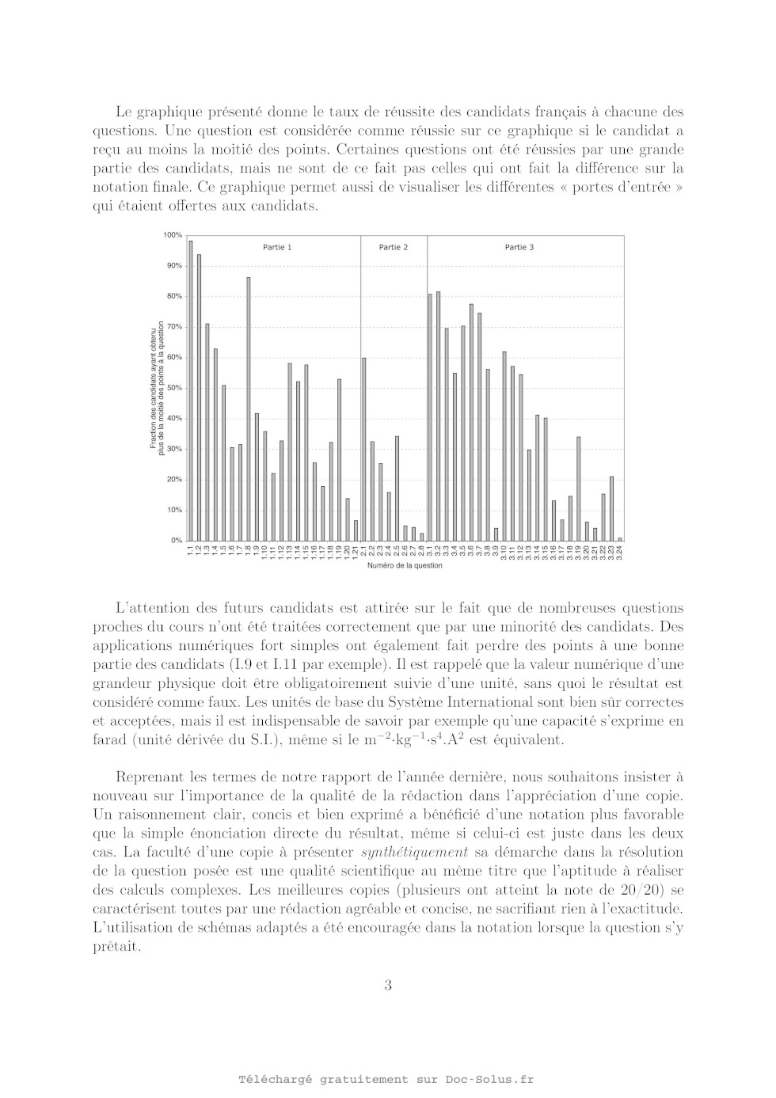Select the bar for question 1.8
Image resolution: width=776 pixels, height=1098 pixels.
pyautogui.click(x=249, y=408)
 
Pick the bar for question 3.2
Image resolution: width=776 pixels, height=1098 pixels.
pyautogui.click(x=438, y=416)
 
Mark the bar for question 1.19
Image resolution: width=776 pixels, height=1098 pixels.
pyautogui.click(x=340, y=459)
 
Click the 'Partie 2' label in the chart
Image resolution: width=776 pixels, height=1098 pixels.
pyautogui.click(x=394, y=248)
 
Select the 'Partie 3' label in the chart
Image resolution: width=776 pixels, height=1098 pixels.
pyautogui.click(x=519, y=248)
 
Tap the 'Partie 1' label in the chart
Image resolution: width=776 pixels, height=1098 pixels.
pyautogui.click(x=277, y=248)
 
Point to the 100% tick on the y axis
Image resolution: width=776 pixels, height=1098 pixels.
pyautogui.click(x=173, y=235)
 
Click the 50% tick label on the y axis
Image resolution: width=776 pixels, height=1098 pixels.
pyautogui.click(x=174, y=388)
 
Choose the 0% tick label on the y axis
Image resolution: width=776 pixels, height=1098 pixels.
pyautogui.click(x=176, y=541)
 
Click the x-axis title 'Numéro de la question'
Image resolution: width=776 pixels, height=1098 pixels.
pyautogui.click(x=405, y=566)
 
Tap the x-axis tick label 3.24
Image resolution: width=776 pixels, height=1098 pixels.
pyautogui.click(x=620, y=551)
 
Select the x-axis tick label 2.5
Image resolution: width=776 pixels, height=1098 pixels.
pyautogui.click(x=397, y=550)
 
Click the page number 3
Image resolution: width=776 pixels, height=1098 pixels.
pyautogui.click(x=388, y=986)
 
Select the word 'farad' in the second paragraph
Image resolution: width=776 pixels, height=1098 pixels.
pyautogui.click(x=108, y=741)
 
